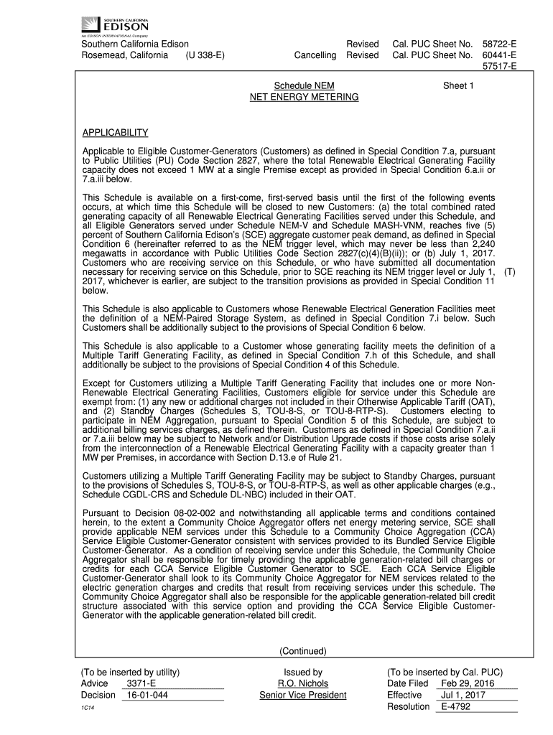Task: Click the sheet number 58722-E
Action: coord(500,44)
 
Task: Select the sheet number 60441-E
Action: coord(500,55)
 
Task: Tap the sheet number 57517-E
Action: coord(500,67)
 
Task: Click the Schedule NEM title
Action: coord(304,85)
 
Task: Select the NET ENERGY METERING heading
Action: coord(304,96)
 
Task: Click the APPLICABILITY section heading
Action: coord(115,133)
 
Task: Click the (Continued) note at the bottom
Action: coord(304,651)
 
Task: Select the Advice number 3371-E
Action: coord(140,683)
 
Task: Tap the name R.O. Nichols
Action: coord(303,683)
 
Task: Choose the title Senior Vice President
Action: coord(303,695)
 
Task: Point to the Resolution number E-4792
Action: coord(457,706)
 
